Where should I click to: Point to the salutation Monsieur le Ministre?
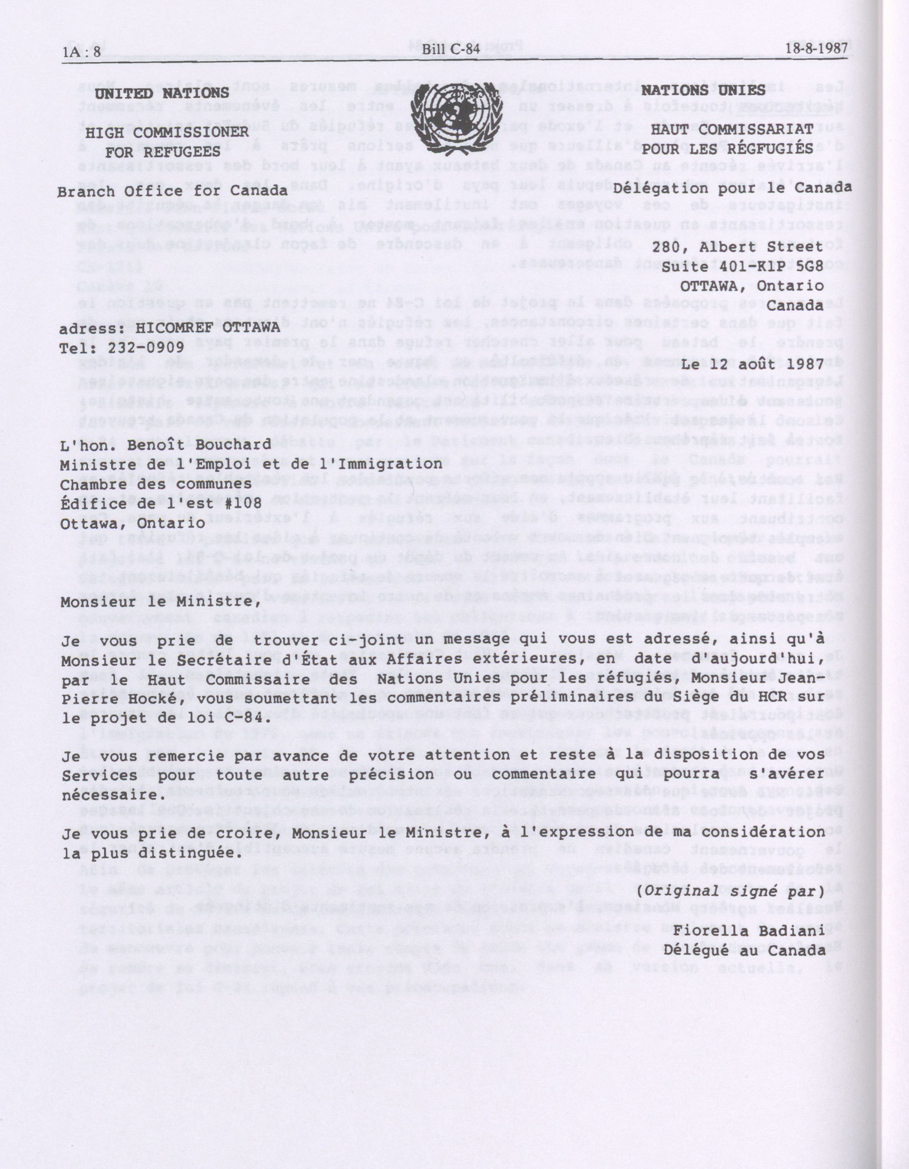156,601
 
